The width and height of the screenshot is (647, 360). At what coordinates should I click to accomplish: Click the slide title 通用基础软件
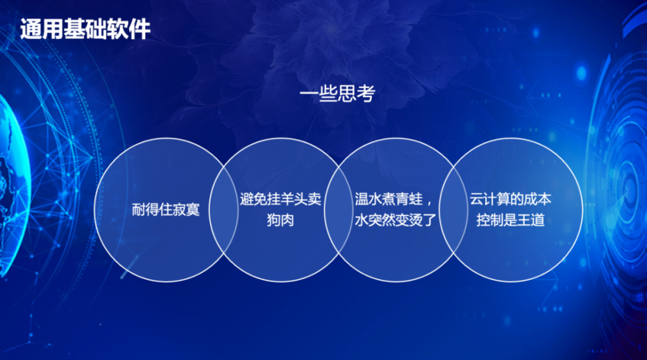(x=85, y=29)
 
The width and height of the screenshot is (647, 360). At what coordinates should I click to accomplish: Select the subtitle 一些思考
(x=338, y=93)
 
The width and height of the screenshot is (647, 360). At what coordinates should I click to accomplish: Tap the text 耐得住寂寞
(x=166, y=209)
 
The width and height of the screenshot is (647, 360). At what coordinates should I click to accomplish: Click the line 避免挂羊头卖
(x=281, y=199)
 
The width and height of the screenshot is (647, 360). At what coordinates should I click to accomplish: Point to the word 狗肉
(x=281, y=219)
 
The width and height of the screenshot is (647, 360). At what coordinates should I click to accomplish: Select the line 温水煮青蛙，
(x=394, y=199)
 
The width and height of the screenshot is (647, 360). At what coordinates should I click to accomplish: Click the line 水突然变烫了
(x=395, y=219)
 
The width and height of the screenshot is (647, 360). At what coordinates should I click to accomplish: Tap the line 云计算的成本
(x=510, y=199)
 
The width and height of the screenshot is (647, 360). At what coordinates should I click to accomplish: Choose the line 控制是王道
(x=510, y=219)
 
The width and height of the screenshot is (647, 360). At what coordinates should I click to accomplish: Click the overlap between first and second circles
(x=224, y=210)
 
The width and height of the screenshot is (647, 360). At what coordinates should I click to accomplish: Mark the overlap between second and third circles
(x=338, y=210)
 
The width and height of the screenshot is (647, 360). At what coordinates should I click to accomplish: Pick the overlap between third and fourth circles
(x=453, y=210)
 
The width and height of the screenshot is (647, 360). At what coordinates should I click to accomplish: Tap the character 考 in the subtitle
(x=366, y=93)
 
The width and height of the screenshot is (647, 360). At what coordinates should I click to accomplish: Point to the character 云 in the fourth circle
(x=476, y=199)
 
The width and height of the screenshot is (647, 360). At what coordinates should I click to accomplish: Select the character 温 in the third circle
(x=361, y=199)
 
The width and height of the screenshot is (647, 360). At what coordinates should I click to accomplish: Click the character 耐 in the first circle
(x=138, y=209)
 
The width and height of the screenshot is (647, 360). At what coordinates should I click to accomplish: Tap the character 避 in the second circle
(x=247, y=199)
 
